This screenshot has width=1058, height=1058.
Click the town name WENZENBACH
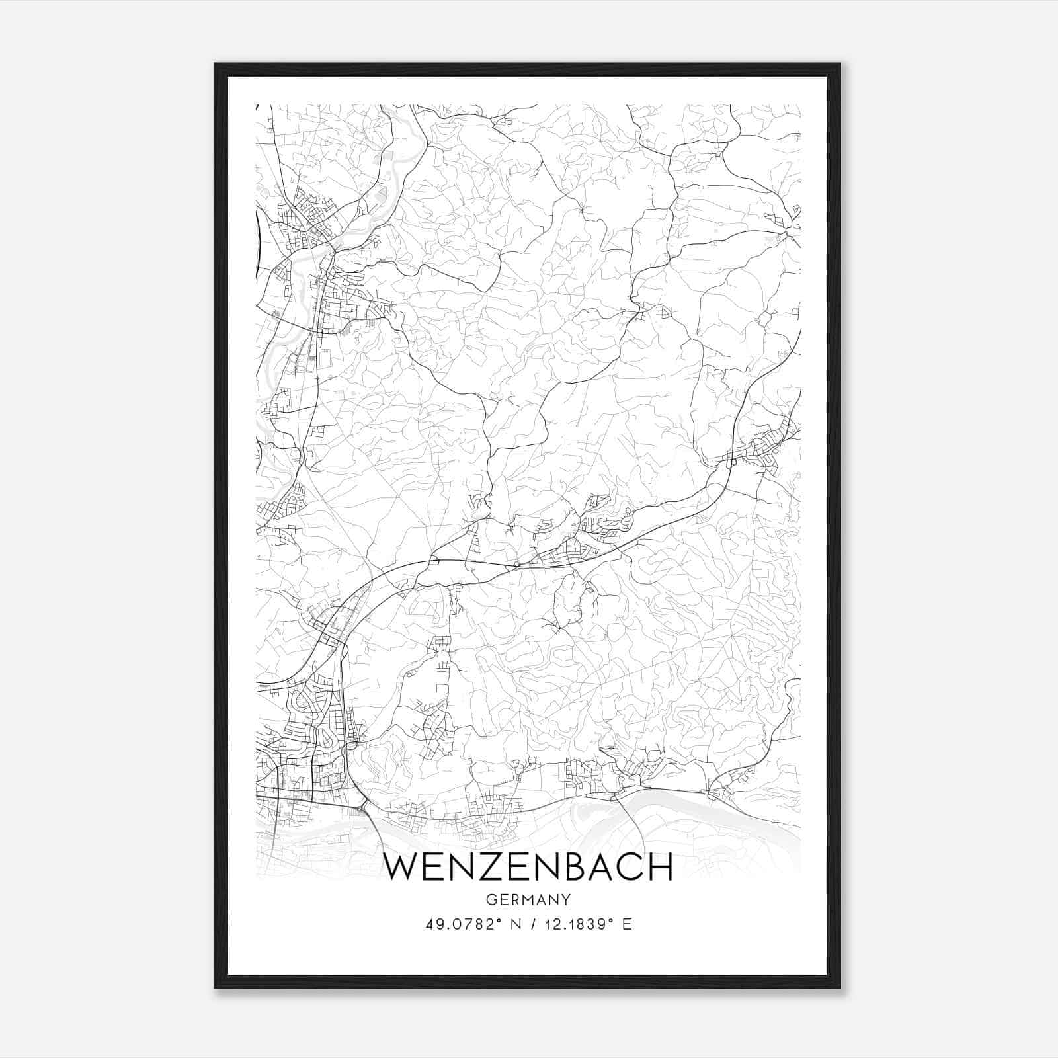(x=528, y=867)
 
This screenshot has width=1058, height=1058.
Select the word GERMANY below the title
(x=528, y=900)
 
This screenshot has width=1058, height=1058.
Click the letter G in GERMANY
(x=490, y=900)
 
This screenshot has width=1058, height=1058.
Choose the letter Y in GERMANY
(x=566, y=900)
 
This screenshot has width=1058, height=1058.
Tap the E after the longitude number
(x=627, y=924)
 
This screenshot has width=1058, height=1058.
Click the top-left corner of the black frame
(x=216, y=64)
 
